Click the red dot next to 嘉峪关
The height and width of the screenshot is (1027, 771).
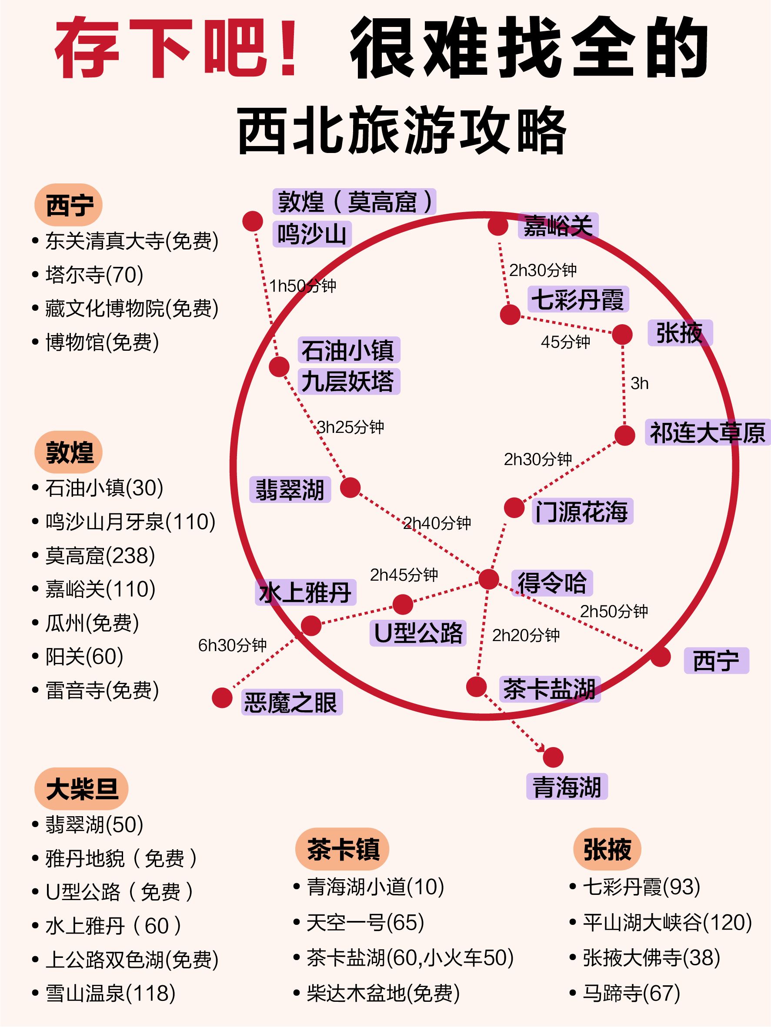click(498, 226)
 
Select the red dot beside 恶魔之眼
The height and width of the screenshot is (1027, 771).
click(222, 698)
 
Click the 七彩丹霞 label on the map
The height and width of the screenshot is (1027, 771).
click(578, 299)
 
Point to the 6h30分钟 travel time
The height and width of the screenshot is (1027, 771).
click(232, 645)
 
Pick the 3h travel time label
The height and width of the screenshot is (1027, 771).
click(639, 383)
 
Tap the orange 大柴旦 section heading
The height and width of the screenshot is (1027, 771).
click(81, 789)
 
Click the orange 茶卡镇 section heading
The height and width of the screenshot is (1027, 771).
click(342, 849)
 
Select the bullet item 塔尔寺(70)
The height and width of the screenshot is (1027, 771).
click(94, 274)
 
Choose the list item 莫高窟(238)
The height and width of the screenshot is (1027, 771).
click(100, 555)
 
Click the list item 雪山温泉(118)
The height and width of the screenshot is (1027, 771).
click(110, 993)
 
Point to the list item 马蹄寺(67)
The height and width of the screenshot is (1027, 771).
click(631, 993)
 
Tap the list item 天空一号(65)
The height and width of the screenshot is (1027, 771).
click(365, 922)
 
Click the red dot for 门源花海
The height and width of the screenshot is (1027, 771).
click(514, 508)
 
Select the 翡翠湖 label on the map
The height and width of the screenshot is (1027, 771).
click(290, 489)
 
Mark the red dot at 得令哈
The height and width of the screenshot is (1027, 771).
click(489, 579)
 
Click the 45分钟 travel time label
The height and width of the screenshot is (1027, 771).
click(565, 342)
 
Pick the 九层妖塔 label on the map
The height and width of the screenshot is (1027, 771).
click(348, 381)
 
